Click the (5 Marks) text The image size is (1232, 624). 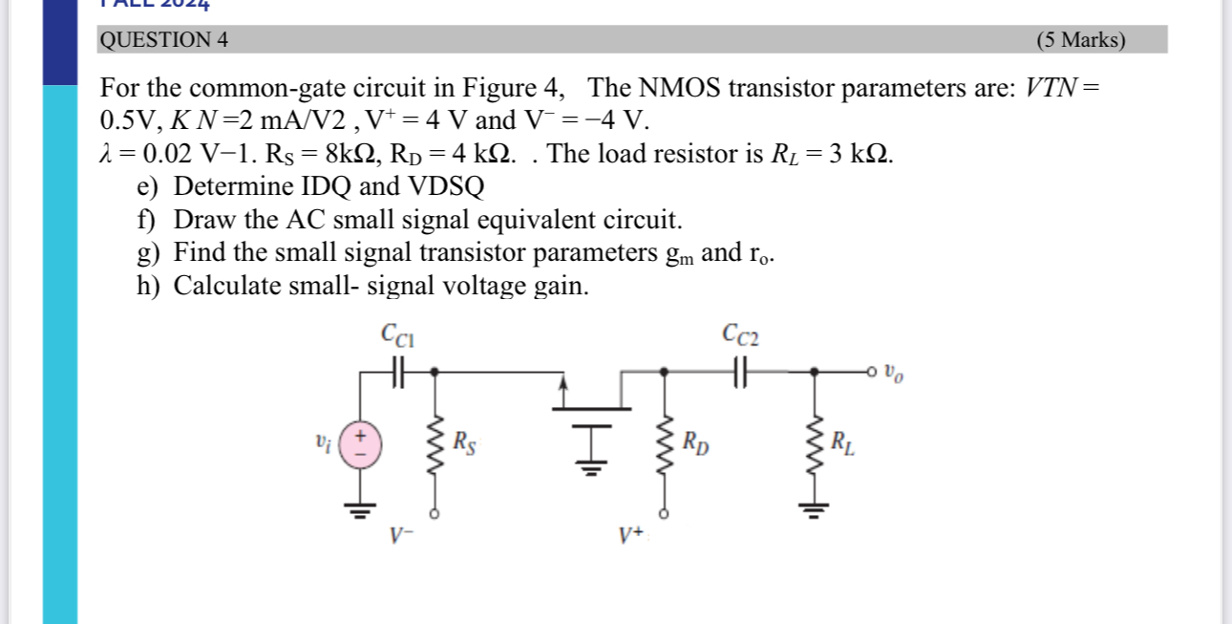tap(1080, 40)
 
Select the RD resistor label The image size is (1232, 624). tap(695, 442)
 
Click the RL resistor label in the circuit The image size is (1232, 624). tap(842, 442)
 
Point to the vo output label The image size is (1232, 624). tap(892, 372)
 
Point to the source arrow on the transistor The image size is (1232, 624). tap(564, 386)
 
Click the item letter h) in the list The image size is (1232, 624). tap(147, 286)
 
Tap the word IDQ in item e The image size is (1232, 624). tap(323, 186)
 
